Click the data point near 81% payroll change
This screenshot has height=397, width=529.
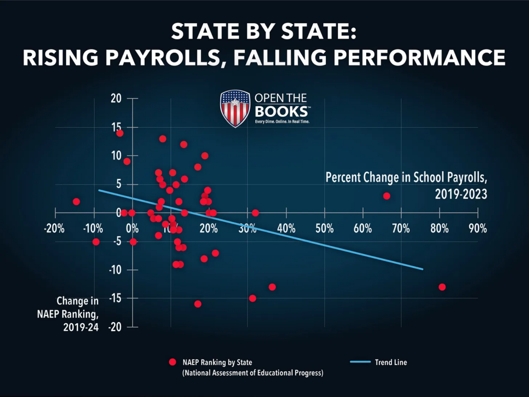[x=442, y=287]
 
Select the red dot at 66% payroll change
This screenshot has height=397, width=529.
[x=386, y=196]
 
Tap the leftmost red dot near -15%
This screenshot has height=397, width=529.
[x=76, y=202]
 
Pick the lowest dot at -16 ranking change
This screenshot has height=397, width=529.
[x=198, y=304]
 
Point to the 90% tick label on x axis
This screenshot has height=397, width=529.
[x=477, y=228]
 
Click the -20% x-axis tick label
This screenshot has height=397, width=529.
[x=54, y=228]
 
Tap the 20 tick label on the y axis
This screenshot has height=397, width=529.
[x=116, y=99]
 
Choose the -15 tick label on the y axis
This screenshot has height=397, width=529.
[x=115, y=298]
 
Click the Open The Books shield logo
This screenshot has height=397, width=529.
[x=235, y=108]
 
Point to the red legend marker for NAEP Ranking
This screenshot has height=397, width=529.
[x=173, y=362]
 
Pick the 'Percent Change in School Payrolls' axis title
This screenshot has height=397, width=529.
[x=407, y=184]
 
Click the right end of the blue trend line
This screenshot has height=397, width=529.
[x=423, y=269]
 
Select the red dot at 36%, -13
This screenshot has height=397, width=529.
[x=272, y=287]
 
